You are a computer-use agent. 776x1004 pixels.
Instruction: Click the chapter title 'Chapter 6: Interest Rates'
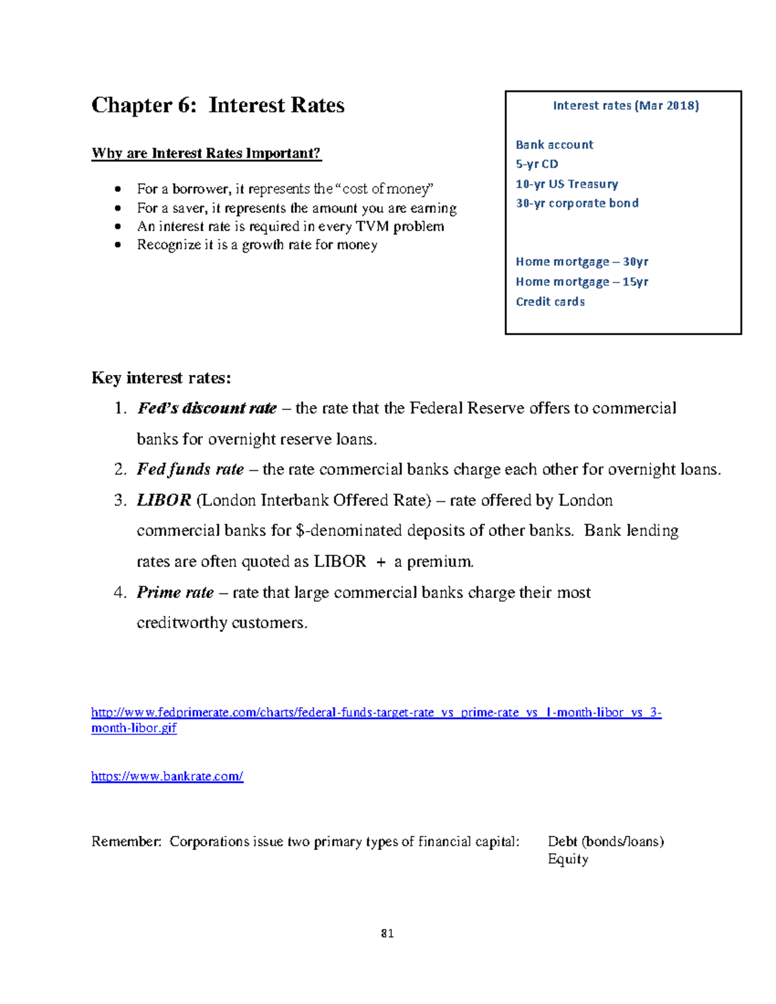pos(218,105)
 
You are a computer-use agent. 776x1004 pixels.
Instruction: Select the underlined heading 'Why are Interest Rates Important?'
pos(206,153)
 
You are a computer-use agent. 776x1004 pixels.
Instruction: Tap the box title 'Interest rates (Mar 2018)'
pos(625,105)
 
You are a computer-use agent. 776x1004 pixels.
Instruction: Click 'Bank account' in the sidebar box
pos(554,145)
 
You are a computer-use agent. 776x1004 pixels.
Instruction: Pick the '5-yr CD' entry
pos(537,164)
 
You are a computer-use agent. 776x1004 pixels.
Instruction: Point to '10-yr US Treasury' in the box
pos(566,184)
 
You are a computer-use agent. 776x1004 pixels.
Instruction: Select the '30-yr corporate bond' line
pos(577,204)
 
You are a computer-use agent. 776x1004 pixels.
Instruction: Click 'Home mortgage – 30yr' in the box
pos(581,262)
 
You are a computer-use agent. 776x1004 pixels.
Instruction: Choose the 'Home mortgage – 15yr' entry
pos(581,282)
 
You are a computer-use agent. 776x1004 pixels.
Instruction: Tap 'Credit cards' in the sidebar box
pos(550,302)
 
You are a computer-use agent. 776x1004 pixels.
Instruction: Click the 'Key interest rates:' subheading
pos(161,378)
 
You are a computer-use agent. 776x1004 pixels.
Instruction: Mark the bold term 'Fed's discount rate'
pos(207,409)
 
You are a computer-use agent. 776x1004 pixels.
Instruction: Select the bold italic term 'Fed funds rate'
pos(190,469)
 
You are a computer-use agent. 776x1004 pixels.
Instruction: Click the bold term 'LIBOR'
pos(164,500)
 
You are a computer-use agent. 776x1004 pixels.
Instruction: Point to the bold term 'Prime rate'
pos(175,593)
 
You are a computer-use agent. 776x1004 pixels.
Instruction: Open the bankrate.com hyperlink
pos(167,776)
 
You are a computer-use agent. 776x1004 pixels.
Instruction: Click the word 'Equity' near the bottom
pos(568,859)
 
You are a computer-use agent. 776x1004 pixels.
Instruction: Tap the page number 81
pos(387,934)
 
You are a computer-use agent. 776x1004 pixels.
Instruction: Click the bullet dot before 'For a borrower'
pos(117,189)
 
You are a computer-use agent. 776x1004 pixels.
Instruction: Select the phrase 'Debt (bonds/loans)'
pos(605,842)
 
